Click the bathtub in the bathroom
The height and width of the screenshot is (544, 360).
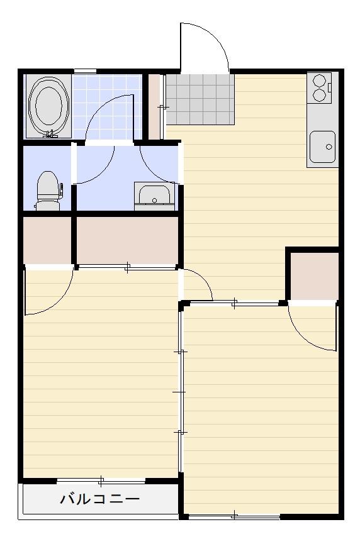coord(49,106)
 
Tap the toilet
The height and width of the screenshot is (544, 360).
coord(48,191)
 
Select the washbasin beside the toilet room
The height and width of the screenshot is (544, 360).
coord(155,197)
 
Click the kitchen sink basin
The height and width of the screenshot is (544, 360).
coord(322,147)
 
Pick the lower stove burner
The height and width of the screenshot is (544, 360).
coord(318,94)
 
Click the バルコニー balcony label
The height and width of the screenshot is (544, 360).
coord(99,499)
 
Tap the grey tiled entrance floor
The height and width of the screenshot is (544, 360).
coord(200,99)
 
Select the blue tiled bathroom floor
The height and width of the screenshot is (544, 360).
coord(107,106)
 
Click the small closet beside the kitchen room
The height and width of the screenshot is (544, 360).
coord(314,276)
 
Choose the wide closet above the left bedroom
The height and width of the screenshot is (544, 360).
coord(127,240)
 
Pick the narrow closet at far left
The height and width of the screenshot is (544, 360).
coord(47,240)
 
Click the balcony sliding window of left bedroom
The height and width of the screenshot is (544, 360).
coord(101,481)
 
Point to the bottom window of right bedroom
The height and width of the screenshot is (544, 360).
coord(234,516)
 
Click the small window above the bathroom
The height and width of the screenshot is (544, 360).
coord(85,71)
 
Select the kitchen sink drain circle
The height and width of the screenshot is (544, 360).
coord(329,147)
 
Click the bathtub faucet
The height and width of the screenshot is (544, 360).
coord(51,134)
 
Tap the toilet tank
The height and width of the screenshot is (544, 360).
coord(48,206)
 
